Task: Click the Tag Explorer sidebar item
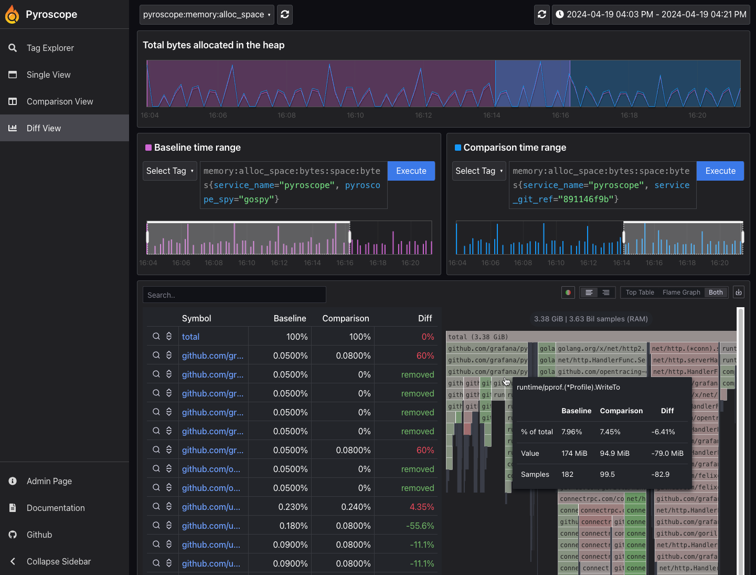click(x=50, y=48)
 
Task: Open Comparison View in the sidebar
click(x=59, y=101)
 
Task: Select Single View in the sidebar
click(x=48, y=75)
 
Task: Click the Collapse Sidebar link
click(x=58, y=561)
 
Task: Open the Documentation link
click(x=55, y=508)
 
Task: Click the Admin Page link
click(x=49, y=481)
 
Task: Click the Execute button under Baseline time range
click(x=411, y=171)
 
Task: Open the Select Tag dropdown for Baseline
click(x=169, y=171)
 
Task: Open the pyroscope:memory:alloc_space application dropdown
click(x=207, y=15)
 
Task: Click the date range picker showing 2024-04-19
click(x=651, y=15)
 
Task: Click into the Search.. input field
click(x=234, y=295)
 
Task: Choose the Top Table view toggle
click(x=640, y=292)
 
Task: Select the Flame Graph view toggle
click(x=681, y=292)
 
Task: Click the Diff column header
click(x=424, y=318)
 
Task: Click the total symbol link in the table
click(x=190, y=337)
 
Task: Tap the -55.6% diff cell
click(x=420, y=526)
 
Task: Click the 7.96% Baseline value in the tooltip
click(x=571, y=432)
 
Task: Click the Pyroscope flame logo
click(x=12, y=15)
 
